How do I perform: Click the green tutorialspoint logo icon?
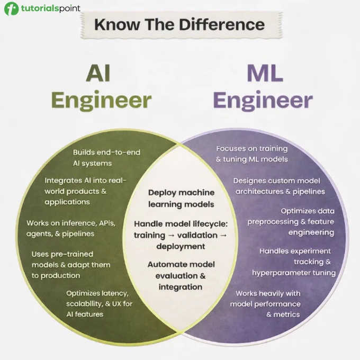[11, 8]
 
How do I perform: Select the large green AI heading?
[98, 73]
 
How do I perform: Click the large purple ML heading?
[265, 73]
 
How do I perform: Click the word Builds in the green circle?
[84, 152]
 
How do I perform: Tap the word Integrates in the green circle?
[63, 181]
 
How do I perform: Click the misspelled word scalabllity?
[84, 303]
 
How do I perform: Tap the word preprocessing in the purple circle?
[273, 222]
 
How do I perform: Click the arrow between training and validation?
[172, 236]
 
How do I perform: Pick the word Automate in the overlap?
[162, 265]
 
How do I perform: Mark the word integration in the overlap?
[181, 287]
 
